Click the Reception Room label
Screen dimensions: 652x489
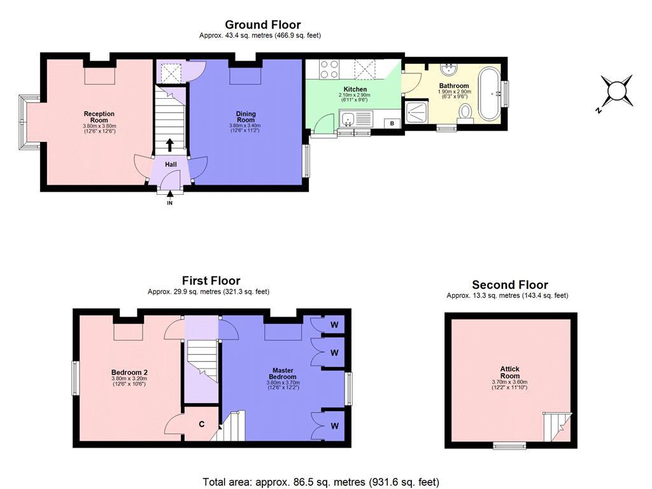pos(99,117)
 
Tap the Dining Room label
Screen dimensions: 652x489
pos(246,117)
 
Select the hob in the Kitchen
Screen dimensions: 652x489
pos(329,69)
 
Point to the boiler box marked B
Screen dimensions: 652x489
pos(392,124)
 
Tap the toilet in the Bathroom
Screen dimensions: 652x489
pos(465,114)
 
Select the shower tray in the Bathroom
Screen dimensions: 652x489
pos(416,113)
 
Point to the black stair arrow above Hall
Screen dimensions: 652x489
pos(169,145)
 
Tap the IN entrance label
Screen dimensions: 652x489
pos(169,203)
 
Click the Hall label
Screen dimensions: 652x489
pos(171,164)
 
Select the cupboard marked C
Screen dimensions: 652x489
pos(201,423)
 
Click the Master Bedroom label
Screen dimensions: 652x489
pos(283,373)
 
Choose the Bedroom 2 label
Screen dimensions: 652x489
pos(129,372)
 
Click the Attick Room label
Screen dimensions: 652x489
pos(510,372)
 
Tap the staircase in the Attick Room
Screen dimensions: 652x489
pos(557,427)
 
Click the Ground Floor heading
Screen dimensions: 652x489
pos(263,25)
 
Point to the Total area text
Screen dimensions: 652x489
pos(321,482)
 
